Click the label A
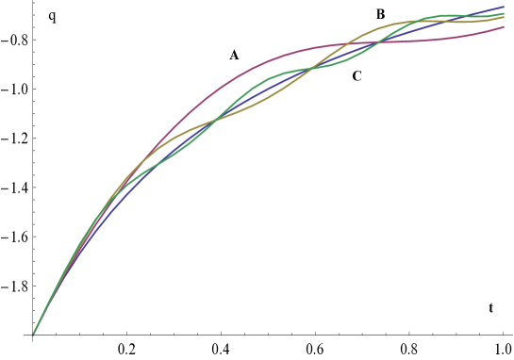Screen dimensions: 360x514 [x=234, y=55]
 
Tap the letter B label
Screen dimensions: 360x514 [x=380, y=14]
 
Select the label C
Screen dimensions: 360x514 [x=357, y=76]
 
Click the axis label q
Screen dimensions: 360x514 [x=52, y=15]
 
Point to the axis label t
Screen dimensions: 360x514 [x=490, y=307]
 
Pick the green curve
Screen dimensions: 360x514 [x=274, y=75]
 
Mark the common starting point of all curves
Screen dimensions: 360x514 [x=33, y=335]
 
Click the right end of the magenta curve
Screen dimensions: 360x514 [x=505, y=27]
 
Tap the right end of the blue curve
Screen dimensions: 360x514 [x=505, y=7]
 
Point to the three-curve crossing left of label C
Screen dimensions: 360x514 [x=309, y=69]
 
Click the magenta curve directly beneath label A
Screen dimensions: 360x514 [x=234, y=80]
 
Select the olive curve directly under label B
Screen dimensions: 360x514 [x=380, y=28]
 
